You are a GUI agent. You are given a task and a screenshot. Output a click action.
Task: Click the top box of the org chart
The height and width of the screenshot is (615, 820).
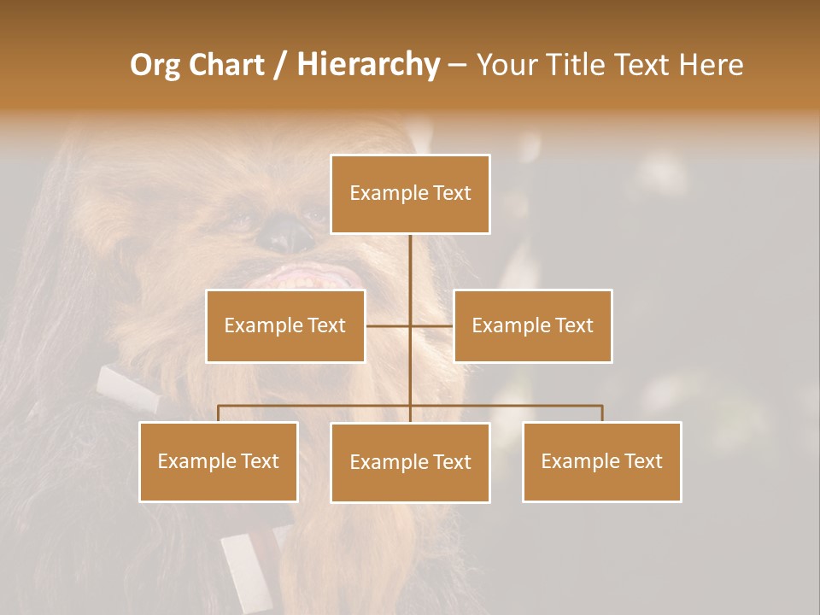[410, 194]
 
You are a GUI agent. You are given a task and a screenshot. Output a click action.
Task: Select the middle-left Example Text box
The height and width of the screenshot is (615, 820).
[285, 325]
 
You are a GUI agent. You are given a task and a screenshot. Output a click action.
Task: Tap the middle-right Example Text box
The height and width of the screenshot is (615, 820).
[532, 325]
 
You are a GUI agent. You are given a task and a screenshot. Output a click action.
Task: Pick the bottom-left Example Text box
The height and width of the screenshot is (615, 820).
[219, 461]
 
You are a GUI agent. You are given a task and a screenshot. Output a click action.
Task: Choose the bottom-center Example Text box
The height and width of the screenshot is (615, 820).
[410, 462]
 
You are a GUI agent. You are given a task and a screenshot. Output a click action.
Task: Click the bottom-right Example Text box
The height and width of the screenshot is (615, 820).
[602, 461]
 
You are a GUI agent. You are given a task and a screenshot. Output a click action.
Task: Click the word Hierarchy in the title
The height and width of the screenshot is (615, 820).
[368, 65]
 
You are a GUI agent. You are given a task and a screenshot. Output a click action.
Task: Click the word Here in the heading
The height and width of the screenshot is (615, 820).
[711, 65]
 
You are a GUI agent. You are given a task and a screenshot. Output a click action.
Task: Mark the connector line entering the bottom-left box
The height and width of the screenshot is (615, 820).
[219, 413]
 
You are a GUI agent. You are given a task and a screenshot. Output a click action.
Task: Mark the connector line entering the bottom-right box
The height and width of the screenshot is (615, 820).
[602, 413]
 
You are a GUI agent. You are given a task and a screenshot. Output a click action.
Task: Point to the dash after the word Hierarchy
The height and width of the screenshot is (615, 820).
[457, 65]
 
